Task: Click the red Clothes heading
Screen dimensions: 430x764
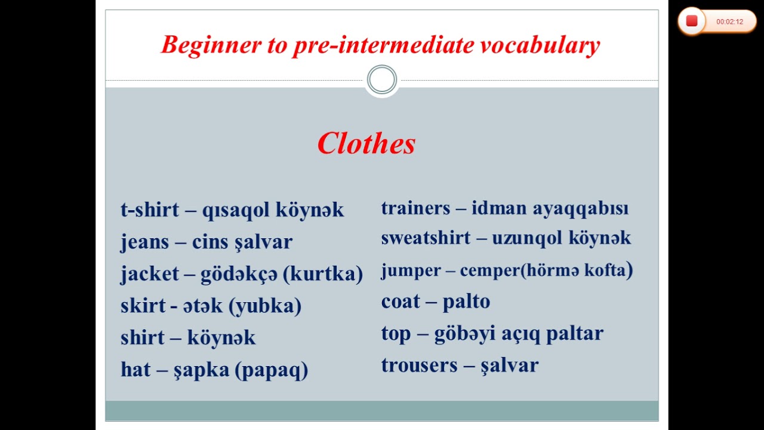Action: tap(366, 144)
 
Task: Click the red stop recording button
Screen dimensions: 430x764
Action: tap(692, 21)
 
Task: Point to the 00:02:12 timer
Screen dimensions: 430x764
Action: tap(729, 21)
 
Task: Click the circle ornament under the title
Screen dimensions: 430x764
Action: tap(381, 80)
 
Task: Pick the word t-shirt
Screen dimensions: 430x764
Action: tap(149, 210)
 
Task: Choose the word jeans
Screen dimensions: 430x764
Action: tap(144, 242)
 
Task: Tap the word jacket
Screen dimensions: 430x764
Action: tap(150, 274)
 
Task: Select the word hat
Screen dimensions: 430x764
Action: tap(135, 370)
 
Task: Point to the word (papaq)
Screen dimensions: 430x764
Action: tap(272, 370)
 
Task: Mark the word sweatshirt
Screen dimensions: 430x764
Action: tap(425, 238)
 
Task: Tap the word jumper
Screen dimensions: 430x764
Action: tap(411, 271)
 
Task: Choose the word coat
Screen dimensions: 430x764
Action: tap(401, 302)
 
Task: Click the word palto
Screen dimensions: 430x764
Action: tap(466, 302)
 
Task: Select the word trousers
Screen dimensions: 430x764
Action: tap(419, 365)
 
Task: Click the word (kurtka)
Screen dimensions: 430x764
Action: tap(323, 274)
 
